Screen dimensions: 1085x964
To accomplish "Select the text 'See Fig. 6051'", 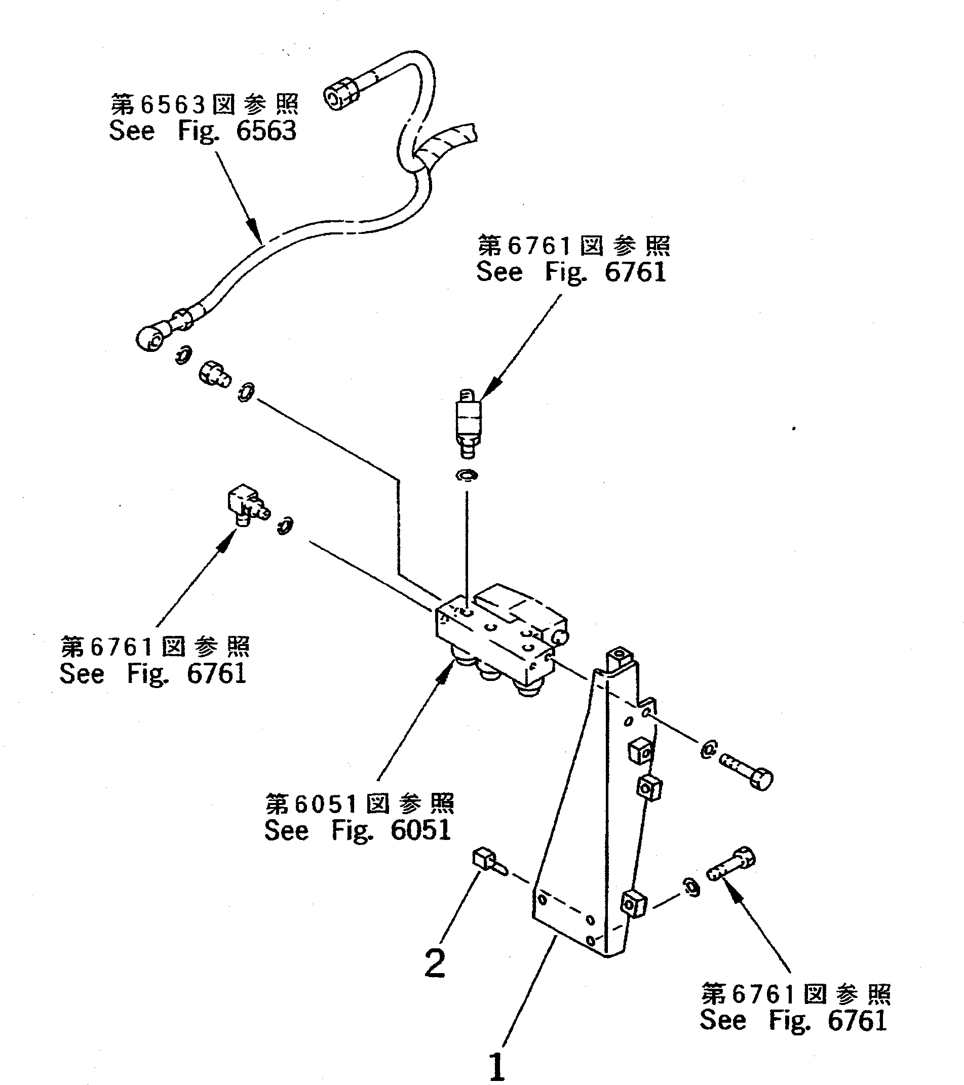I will [x=358, y=830].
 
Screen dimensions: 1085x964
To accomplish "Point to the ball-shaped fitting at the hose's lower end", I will [x=149, y=338].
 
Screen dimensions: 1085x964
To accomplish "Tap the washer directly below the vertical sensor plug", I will [x=467, y=475].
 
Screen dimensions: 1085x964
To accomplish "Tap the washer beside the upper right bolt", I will [x=708, y=749].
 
